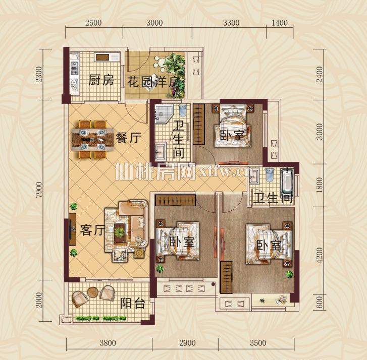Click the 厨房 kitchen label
[101, 80]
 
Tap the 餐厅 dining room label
[128, 138]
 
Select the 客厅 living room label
[92, 230]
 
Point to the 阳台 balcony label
[133, 303]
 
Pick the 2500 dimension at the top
[93, 23]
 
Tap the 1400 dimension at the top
[280, 23]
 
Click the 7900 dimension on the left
[39, 190]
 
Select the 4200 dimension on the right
[319, 256]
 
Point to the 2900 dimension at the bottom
[187, 343]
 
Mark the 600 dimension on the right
[319, 302]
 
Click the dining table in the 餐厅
[92, 140]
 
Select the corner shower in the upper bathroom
[164, 114]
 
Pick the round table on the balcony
[93, 292]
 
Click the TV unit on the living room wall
[72, 229]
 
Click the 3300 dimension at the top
[231, 23]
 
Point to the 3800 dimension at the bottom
[108, 343]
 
